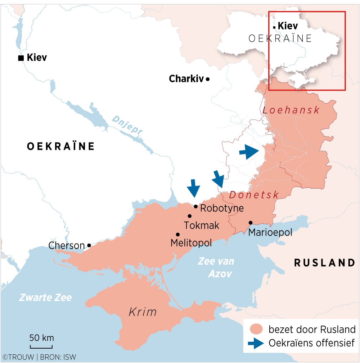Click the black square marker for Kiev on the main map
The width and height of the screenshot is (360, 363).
point(21,58)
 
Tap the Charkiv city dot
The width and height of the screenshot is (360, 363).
point(208,79)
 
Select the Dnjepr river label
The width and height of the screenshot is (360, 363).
point(127,126)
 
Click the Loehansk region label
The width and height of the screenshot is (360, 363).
point(291,110)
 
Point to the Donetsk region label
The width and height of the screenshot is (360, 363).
point(254,195)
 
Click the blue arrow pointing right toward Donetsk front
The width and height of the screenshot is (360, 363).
point(249,152)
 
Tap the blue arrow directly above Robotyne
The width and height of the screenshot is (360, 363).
point(194,188)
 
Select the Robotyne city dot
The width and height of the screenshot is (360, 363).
point(195,206)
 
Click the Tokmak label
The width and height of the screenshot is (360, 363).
point(202,225)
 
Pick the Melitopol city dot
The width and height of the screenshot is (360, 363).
point(177,234)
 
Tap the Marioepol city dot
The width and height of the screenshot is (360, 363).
point(250,223)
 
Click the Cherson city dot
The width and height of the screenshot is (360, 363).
point(89,245)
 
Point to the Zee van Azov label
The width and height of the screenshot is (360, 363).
point(216,267)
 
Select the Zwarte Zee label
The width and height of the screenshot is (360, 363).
point(45,297)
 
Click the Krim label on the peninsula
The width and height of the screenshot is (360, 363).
point(143,312)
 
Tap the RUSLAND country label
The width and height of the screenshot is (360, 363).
point(325,263)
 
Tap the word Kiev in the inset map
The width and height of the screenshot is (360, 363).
point(288,26)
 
